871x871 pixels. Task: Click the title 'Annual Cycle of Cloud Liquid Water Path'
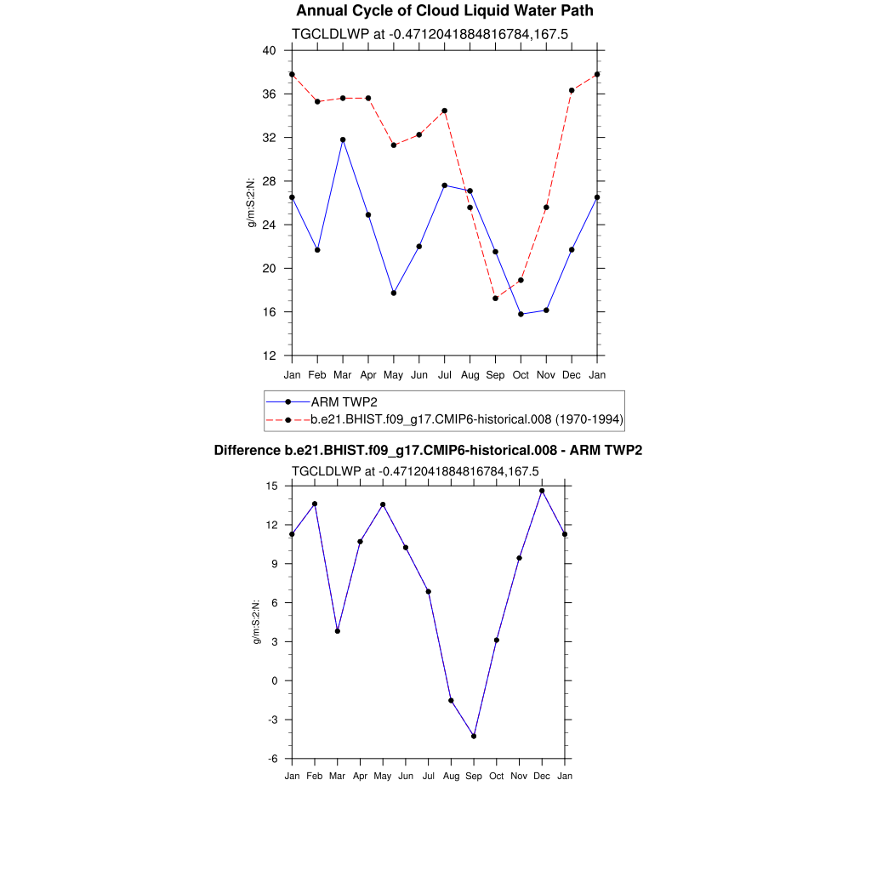coord(444,11)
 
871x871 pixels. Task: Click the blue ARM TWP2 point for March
coord(343,139)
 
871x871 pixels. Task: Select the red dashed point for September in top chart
coord(495,298)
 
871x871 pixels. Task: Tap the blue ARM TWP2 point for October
coord(521,315)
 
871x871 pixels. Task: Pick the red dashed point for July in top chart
coord(444,111)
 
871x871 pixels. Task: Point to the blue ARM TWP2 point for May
coord(394,293)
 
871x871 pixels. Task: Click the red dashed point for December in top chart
coord(572,90)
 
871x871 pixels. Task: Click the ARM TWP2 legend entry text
coord(344,401)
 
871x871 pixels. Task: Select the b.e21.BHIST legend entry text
coord(467,419)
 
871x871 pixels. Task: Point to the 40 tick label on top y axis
coord(269,50)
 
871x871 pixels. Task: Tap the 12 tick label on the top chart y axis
coord(269,356)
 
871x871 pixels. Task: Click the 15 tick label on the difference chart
coord(272,486)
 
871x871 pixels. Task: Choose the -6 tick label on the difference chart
coord(272,759)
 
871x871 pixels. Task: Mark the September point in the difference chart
coord(474,737)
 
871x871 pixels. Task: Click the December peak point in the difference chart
coord(542,491)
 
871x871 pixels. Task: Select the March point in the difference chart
coord(338,631)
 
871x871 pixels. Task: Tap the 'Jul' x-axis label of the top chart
coord(444,375)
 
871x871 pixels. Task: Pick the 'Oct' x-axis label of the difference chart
coord(496,776)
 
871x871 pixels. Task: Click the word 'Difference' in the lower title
coord(248,450)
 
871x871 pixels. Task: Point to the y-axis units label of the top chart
coord(252,202)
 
